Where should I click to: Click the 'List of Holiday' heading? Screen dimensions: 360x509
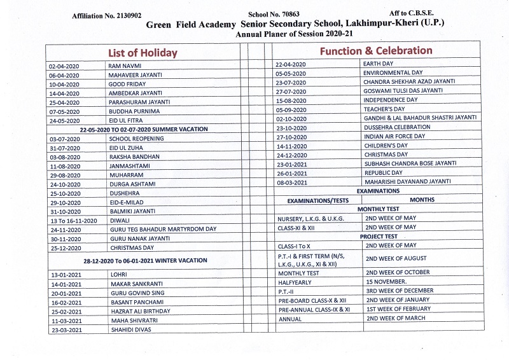[x=141, y=52]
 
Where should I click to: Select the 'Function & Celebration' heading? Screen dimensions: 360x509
[x=375, y=50]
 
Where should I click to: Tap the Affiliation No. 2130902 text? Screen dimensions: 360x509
[x=113, y=14]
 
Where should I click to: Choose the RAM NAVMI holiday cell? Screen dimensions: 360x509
[x=125, y=66]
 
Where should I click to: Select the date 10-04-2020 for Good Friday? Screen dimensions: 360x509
[x=64, y=84]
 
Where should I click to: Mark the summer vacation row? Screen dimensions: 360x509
[x=143, y=129]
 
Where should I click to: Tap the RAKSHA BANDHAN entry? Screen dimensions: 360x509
[x=134, y=156]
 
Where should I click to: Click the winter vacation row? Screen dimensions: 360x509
[x=144, y=260]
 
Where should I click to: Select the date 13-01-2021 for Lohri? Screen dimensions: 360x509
[x=64, y=274]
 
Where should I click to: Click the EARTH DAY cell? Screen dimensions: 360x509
[x=378, y=64]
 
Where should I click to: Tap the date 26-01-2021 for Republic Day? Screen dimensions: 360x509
[x=291, y=172]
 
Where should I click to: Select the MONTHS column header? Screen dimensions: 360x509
[x=422, y=200]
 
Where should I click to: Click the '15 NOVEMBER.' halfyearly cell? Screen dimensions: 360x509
[x=386, y=281]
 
